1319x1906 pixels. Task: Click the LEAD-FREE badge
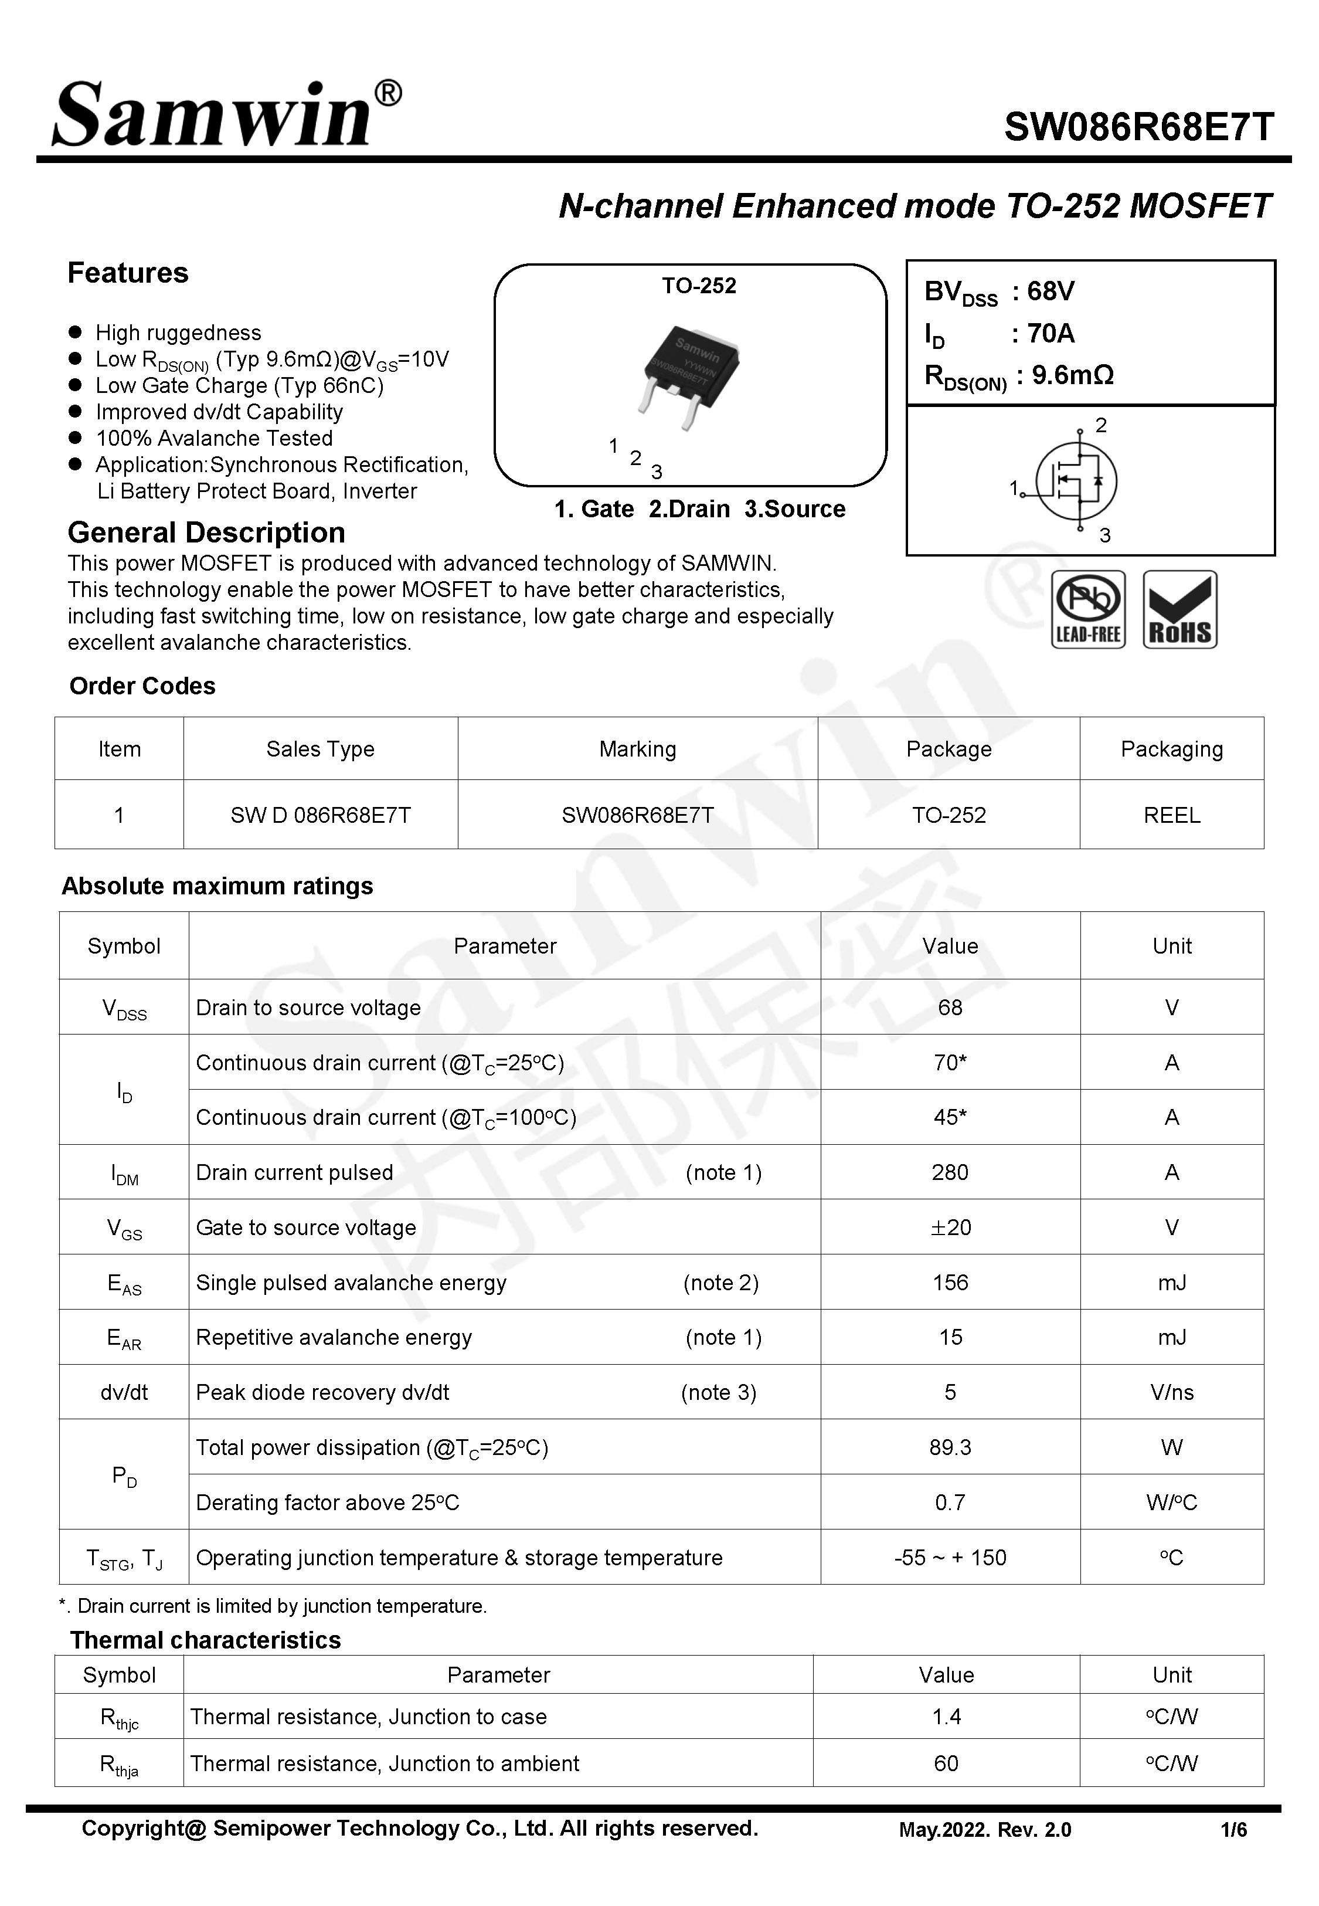point(1087,609)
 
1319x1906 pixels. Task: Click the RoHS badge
point(1179,609)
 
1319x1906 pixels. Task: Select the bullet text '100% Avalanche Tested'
point(214,438)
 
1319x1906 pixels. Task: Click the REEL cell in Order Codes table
point(1171,815)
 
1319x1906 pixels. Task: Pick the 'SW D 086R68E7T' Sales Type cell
point(320,815)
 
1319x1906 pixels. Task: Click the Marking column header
point(637,749)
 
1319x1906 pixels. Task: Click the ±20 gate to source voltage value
point(950,1227)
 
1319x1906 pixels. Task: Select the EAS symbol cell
point(124,1283)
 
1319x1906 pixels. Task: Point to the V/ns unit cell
point(1171,1393)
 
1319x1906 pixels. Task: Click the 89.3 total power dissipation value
point(950,1447)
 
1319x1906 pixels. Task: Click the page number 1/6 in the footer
point(1233,1830)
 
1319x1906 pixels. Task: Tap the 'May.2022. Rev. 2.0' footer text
point(984,1830)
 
